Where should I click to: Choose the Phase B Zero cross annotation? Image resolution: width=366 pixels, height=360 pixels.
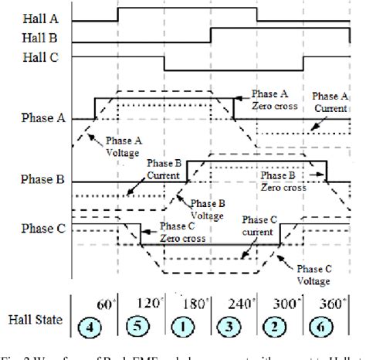(283, 181)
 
